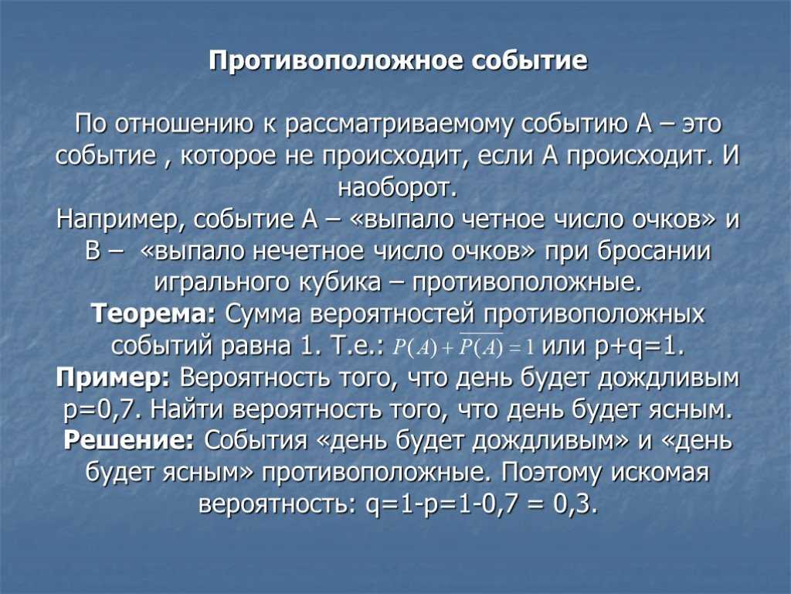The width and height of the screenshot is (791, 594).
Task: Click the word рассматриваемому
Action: (399, 125)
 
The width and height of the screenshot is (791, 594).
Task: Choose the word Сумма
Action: (263, 315)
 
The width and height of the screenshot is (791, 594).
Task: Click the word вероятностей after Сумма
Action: (385, 315)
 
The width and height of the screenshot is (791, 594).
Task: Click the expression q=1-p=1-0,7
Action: (446, 504)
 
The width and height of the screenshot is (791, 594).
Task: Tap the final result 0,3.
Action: (576, 504)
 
